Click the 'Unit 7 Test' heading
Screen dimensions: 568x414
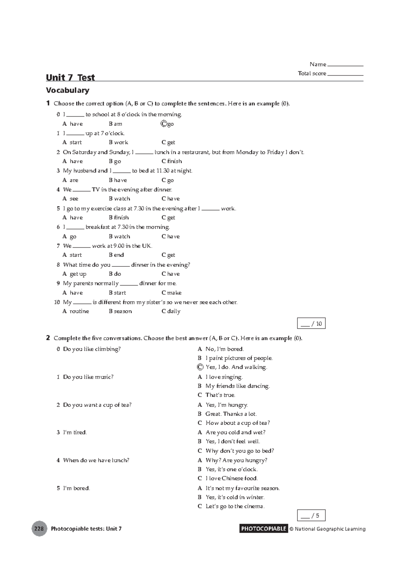click(x=70, y=78)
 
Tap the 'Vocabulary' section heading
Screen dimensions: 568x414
click(x=68, y=90)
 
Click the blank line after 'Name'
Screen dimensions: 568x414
click(x=345, y=64)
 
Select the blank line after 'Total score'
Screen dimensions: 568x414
click(x=345, y=73)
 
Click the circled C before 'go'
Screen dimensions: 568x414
click(x=164, y=124)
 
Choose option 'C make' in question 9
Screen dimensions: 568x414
click(x=171, y=293)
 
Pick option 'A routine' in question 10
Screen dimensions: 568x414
click(x=76, y=311)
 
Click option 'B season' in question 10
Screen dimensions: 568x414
click(x=120, y=311)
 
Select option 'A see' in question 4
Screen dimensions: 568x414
click(x=70, y=199)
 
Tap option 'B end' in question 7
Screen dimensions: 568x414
click(x=116, y=255)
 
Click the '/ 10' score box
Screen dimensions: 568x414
click(x=311, y=323)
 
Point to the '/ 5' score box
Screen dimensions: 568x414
click(x=311, y=516)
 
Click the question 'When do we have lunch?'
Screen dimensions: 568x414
click(x=96, y=460)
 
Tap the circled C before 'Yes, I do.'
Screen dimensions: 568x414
click(x=200, y=367)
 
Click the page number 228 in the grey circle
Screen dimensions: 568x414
click(x=39, y=528)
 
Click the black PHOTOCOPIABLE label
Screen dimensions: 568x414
click(x=264, y=528)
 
